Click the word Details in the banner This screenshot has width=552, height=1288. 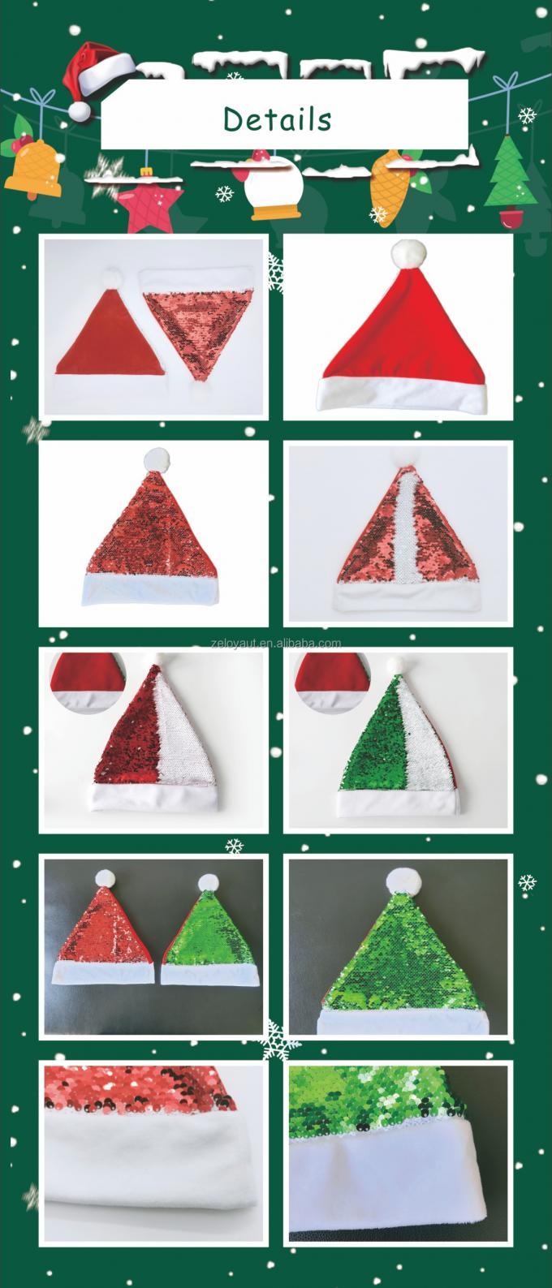coord(277,119)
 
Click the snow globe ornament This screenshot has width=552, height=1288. coord(272,186)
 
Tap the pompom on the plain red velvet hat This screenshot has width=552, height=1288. coord(409,253)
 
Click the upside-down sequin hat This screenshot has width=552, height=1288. coord(199,333)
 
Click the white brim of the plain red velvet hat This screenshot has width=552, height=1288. coord(402,395)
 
